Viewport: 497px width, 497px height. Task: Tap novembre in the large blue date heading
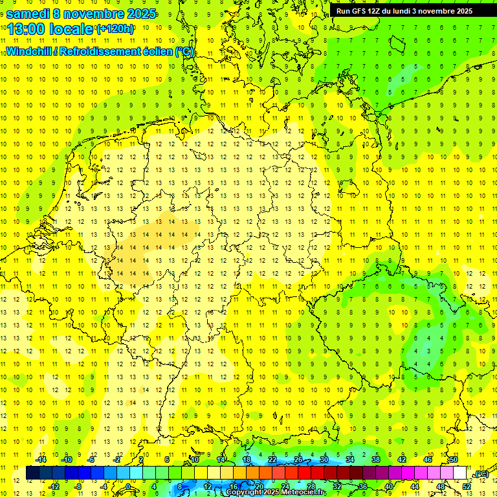click(x=96, y=14)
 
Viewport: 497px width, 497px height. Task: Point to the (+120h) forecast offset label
click(x=115, y=28)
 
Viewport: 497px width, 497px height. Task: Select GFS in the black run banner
click(x=359, y=11)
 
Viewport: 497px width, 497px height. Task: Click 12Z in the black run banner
click(x=375, y=11)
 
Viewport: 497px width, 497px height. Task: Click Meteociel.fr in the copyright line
click(x=305, y=492)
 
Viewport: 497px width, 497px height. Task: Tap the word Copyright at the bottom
click(x=243, y=492)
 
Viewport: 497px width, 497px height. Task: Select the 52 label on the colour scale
click(x=467, y=486)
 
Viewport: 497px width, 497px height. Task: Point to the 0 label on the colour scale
click(x=128, y=486)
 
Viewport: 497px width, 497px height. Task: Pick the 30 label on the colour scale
click(x=324, y=459)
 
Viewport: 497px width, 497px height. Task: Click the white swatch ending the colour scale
click(x=460, y=473)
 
